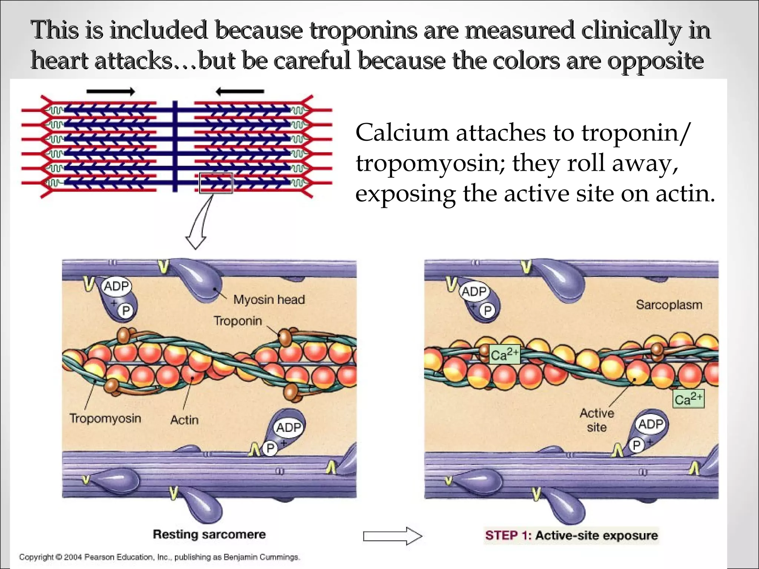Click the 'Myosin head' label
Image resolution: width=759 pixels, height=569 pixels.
click(x=269, y=299)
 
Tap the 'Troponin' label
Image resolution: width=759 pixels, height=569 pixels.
click(x=238, y=320)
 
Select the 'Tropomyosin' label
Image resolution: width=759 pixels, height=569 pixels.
click(x=105, y=418)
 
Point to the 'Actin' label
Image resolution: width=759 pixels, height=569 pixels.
click(x=184, y=420)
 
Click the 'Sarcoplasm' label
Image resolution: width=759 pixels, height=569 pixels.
click(x=669, y=305)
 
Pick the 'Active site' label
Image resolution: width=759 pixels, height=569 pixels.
click(x=597, y=420)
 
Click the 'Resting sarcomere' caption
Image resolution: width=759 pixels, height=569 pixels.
click(x=209, y=534)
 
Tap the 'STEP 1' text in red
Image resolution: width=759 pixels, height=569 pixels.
click(x=506, y=535)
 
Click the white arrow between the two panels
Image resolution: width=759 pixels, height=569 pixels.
click(x=392, y=536)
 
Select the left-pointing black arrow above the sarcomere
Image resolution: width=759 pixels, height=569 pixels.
click(x=240, y=91)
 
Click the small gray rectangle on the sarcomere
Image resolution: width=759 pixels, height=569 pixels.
click(x=216, y=183)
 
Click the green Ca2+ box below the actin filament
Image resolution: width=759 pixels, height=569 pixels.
click(x=688, y=399)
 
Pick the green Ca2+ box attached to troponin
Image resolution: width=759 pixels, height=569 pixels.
click(x=504, y=355)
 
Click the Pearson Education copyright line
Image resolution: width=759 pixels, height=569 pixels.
click(x=159, y=557)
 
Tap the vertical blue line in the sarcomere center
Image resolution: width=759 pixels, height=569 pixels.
click(x=175, y=146)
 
